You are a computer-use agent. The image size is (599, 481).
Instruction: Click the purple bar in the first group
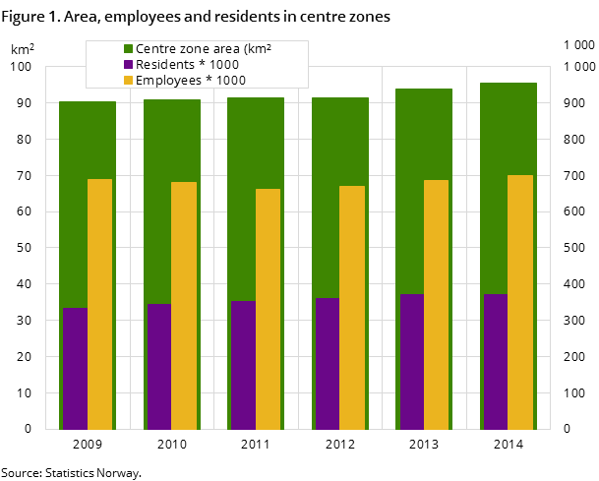click(75, 369)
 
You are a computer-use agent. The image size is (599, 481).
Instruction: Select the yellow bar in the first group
click(99, 304)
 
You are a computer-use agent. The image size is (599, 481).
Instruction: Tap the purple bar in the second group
click(159, 367)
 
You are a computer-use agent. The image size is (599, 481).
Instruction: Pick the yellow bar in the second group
click(184, 306)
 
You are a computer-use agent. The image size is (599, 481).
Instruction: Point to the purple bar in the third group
click(243, 365)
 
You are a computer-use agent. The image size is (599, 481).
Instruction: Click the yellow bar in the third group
click(268, 309)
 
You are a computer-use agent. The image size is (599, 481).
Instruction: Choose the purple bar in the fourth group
click(328, 364)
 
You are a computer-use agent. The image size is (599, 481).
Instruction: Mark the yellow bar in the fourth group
click(352, 308)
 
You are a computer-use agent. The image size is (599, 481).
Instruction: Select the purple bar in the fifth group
click(411, 362)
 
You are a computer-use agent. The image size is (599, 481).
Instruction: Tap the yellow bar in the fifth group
click(436, 305)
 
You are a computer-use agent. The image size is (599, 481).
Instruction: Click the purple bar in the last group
click(496, 362)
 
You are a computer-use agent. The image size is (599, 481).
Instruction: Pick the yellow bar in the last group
click(520, 302)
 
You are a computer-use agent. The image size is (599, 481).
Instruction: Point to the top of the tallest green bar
click(509, 84)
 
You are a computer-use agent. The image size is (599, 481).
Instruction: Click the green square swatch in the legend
click(128, 48)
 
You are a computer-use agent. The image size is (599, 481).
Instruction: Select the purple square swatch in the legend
click(128, 64)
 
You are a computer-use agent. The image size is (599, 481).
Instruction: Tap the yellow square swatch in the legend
click(128, 80)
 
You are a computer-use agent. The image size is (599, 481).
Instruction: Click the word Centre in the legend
click(156, 48)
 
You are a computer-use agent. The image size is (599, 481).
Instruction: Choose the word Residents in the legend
click(164, 64)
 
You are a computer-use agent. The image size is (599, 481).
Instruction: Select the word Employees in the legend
click(167, 80)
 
